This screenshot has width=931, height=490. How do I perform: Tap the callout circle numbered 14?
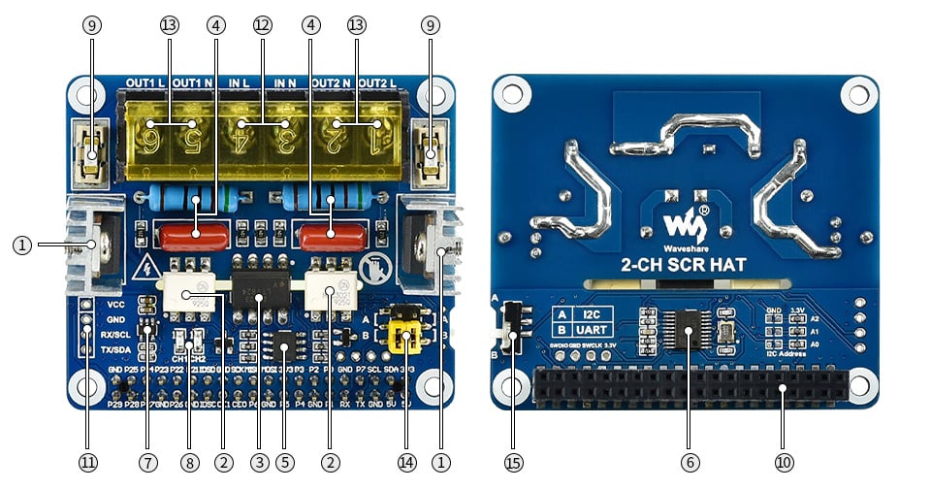coord(407,463)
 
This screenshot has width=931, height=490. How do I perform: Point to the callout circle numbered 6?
coord(690,463)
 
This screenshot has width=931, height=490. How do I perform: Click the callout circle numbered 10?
coord(784,463)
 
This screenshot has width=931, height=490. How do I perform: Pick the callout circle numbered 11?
coord(88,463)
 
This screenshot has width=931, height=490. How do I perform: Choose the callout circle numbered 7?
coord(147,463)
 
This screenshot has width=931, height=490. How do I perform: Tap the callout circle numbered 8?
coord(190,463)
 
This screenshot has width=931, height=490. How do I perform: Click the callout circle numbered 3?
coord(259,463)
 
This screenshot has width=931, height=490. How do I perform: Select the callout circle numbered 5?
coord(284,463)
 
